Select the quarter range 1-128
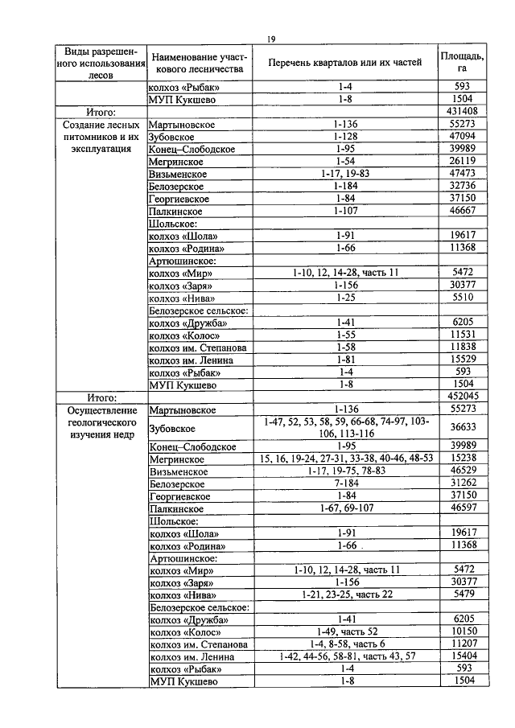[345, 137]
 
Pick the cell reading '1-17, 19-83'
[345, 174]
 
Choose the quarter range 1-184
[345, 186]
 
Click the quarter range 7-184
[345, 483]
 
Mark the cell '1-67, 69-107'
[345, 508]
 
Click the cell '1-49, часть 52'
[345, 631]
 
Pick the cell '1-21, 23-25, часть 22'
[345, 594]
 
